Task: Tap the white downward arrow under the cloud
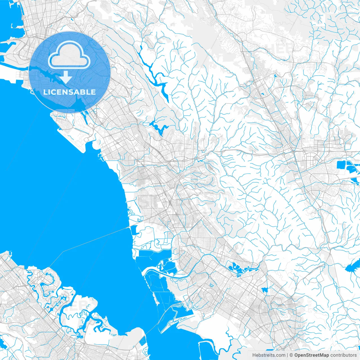click(x=66, y=77)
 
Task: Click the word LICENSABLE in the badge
click(x=69, y=92)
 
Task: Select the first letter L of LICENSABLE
click(x=45, y=92)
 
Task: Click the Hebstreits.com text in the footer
click(x=269, y=355)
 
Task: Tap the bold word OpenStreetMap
click(x=312, y=355)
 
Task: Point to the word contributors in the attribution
click(x=343, y=355)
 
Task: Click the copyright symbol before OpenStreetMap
click(x=291, y=355)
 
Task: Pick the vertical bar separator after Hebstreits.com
click(x=287, y=355)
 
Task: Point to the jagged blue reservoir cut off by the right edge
click(x=353, y=267)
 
